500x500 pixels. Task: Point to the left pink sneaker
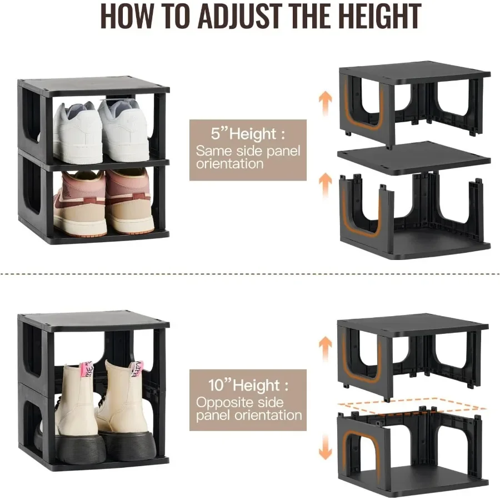pyautogui.click(x=79, y=203)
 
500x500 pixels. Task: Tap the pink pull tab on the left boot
pyautogui.click(x=86, y=369)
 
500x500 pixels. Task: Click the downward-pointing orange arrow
pyautogui.click(x=325, y=447)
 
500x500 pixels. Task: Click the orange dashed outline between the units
pyautogui.click(x=411, y=407)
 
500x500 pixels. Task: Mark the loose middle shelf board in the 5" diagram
pyautogui.click(x=414, y=157)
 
